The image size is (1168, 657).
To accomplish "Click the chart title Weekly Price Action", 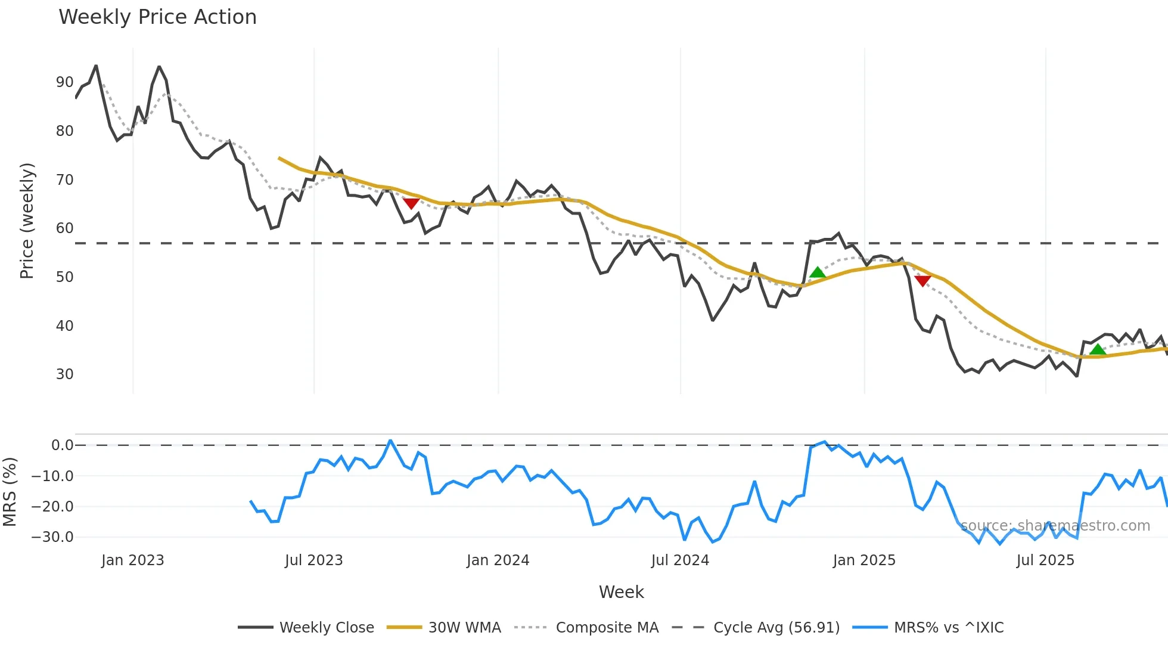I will (157, 17).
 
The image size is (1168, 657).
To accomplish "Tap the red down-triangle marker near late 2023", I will (411, 204).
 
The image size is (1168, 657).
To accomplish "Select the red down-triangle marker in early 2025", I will (922, 281).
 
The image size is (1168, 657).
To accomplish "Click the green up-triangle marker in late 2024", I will (818, 273).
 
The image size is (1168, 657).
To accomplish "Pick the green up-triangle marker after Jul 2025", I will (1098, 349).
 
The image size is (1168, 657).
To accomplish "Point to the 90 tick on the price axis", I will (64, 82).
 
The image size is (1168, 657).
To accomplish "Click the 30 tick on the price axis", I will (64, 374).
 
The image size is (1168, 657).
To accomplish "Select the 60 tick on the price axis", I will (64, 228).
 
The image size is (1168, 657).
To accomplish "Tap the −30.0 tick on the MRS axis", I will (52, 537).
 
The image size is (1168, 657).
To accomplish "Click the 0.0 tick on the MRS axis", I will (62, 445).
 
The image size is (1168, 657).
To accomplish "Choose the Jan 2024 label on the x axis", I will (498, 560).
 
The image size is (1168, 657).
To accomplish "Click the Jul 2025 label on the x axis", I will (1045, 560).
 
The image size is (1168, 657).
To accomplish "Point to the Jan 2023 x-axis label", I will (132, 560).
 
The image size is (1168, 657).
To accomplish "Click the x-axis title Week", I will (621, 592).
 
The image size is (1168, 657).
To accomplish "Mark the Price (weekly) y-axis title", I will (27, 221).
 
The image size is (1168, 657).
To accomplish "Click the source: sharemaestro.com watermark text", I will (1055, 526).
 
